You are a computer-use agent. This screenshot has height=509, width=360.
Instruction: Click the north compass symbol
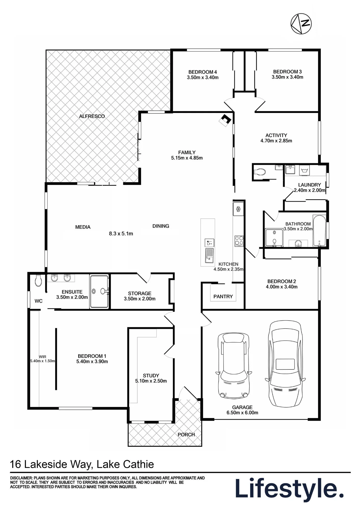tap(301, 23)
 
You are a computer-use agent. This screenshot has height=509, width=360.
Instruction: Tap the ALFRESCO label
tap(92, 116)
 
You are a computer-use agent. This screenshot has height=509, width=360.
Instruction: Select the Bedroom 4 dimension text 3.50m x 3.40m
tap(203, 77)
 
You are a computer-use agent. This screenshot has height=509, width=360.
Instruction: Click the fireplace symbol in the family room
tap(225, 120)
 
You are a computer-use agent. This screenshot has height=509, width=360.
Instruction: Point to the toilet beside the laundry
tap(260, 172)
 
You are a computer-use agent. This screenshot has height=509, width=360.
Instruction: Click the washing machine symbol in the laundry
tap(304, 170)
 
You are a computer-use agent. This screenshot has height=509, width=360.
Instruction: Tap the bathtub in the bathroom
tap(319, 231)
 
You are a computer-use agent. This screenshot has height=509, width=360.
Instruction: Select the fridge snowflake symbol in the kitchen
tap(238, 209)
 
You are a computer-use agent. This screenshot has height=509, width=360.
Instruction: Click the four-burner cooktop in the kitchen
tap(239, 241)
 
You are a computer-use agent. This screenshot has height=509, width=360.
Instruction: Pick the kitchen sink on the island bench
tap(210, 256)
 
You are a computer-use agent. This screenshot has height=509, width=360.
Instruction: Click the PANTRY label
tap(223, 296)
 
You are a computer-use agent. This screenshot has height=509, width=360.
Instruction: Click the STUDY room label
tap(151, 376)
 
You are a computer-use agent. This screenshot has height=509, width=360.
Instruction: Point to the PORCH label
tap(186, 435)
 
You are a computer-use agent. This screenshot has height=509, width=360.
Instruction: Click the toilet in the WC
tap(38, 280)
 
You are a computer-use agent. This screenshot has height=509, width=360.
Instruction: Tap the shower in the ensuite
tap(99, 291)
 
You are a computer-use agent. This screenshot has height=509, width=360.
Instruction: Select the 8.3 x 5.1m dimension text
tap(121, 233)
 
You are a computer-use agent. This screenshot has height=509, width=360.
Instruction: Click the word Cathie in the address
tap(138, 464)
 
